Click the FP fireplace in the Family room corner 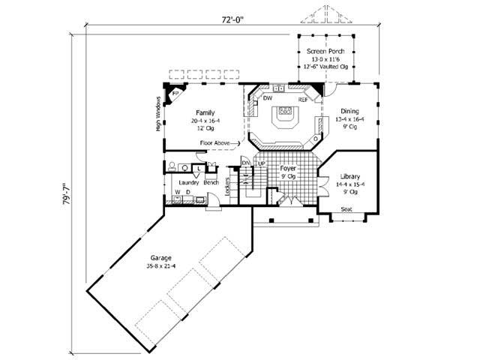[x=175, y=94]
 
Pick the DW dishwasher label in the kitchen [x=267, y=99]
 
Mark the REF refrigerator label [x=303, y=99]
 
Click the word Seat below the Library [x=346, y=209]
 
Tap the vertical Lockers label [x=227, y=190]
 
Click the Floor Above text [x=216, y=142]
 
